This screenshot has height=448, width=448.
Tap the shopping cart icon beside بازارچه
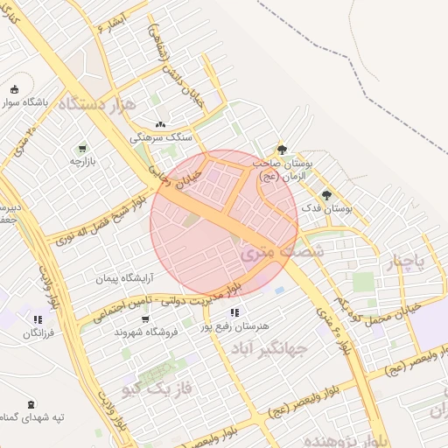[82, 148]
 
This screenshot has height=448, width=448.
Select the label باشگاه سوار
[38, 101]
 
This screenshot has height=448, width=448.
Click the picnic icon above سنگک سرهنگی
[159, 124]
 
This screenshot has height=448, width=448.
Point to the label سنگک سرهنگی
[154, 137]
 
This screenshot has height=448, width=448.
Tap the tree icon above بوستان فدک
[327, 195]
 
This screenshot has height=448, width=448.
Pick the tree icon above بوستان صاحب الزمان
[281, 150]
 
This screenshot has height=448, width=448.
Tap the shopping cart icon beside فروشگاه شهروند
[120, 331]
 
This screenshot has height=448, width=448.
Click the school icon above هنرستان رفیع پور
[234, 311]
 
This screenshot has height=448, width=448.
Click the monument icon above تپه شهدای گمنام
[31, 403]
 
